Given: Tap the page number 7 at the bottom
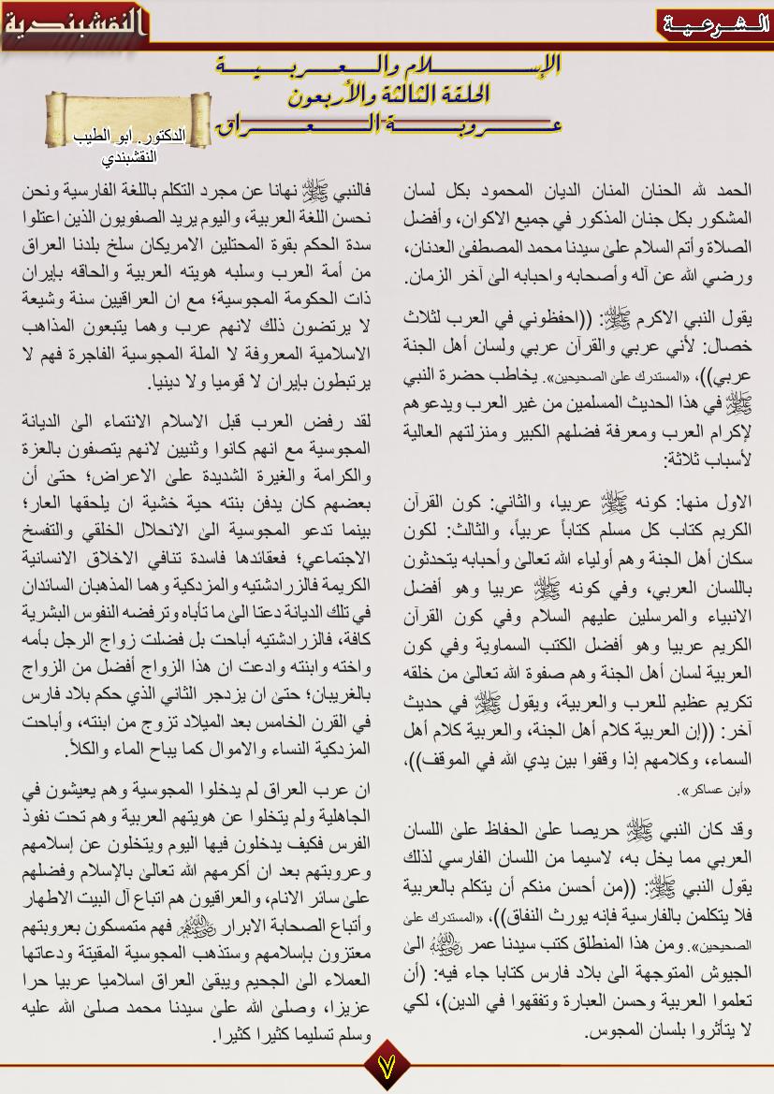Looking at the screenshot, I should point(387,1065).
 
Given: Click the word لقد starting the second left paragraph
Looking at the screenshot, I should point(358,419).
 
